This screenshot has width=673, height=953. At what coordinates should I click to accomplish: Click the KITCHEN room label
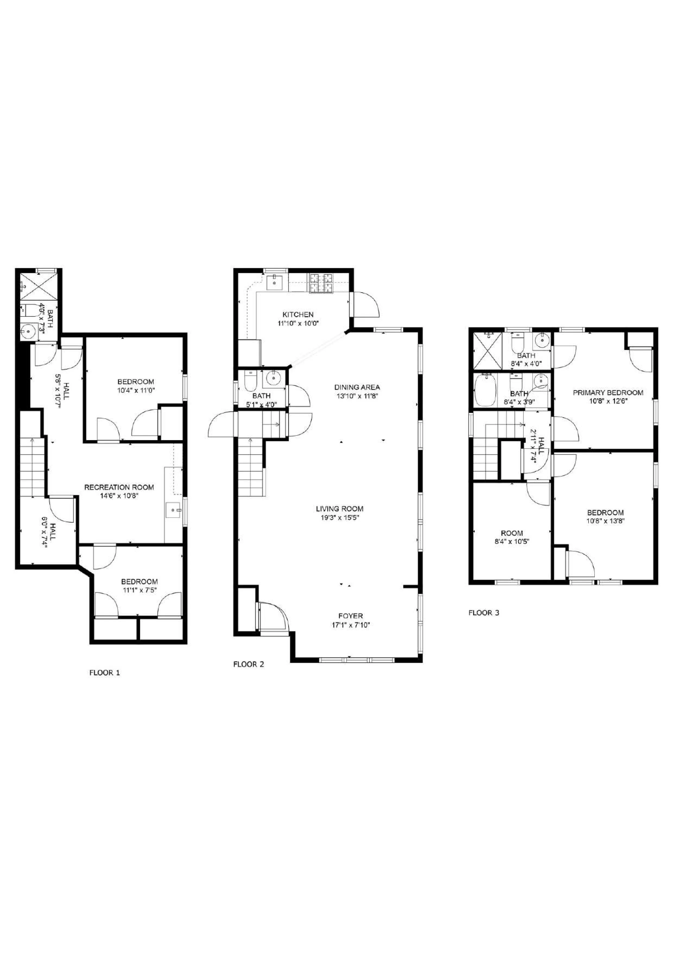click(x=298, y=315)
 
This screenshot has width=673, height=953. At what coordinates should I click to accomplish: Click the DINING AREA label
click(x=357, y=387)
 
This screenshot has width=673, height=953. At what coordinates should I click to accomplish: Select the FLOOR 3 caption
click(x=484, y=613)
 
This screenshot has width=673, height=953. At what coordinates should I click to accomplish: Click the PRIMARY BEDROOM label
click(x=608, y=393)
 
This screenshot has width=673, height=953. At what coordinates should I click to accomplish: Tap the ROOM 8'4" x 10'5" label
click(x=512, y=533)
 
